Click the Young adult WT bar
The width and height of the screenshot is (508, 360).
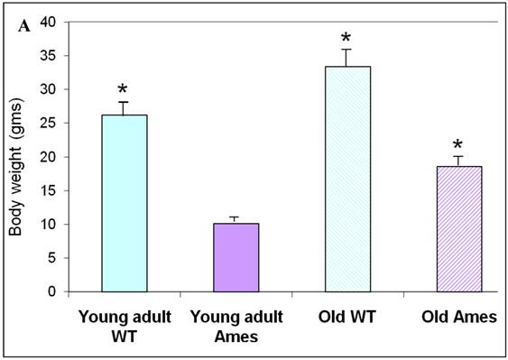(125, 203)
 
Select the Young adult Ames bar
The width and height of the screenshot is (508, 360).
(236, 258)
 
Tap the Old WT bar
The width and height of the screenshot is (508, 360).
(348, 179)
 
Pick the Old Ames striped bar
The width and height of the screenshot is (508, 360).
(459, 229)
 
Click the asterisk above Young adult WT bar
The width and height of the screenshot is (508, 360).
(123, 89)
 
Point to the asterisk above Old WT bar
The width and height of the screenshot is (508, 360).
(346, 38)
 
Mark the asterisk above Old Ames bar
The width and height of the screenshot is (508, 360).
(457, 144)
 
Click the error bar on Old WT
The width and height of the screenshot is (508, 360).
(346, 58)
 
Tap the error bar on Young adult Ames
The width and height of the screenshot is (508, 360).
(234, 220)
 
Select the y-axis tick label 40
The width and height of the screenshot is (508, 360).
(48, 22)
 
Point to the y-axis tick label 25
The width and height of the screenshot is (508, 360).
(48, 123)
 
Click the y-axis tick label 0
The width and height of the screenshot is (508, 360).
(52, 291)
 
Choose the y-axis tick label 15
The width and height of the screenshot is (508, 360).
(48, 190)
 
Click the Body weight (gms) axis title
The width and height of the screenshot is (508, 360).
(15, 169)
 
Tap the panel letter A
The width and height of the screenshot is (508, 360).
(24, 26)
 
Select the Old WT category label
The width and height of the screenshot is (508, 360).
(347, 317)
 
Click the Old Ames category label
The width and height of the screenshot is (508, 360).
(459, 317)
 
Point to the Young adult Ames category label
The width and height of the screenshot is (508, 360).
(236, 327)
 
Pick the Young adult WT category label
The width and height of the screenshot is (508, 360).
(125, 327)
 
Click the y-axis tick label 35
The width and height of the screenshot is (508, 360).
(48, 56)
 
